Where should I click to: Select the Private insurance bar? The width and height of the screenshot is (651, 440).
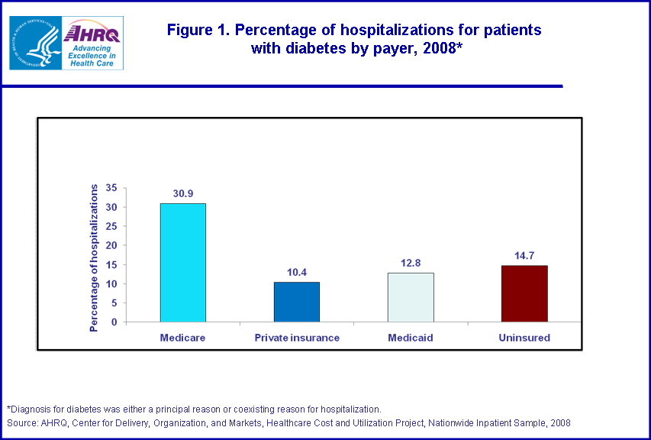(x=296, y=302)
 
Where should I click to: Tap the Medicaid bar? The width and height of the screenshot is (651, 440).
(x=411, y=297)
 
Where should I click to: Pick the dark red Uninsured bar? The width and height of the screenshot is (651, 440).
(x=524, y=293)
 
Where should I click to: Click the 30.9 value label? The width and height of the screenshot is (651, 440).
(x=182, y=194)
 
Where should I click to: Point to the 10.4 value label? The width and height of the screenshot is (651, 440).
(x=296, y=273)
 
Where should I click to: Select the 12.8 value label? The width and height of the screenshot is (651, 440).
(x=411, y=264)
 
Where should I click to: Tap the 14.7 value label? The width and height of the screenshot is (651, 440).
(x=524, y=256)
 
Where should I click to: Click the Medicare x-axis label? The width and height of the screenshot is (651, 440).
(x=182, y=337)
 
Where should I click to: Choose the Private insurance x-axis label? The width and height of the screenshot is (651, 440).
(x=296, y=337)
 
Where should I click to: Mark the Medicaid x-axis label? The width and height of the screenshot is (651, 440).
(x=411, y=337)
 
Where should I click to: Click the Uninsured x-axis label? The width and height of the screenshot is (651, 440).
(x=524, y=337)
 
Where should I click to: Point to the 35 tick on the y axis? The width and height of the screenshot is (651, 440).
(x=111, y=188)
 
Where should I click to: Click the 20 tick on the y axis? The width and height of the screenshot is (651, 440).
(x=111, y=245)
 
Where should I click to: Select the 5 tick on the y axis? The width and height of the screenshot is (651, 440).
(x=114, y=302)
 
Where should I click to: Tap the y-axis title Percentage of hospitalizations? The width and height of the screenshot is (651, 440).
(x=95, y=257)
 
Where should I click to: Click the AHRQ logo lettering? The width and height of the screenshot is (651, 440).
(x=93, y=33)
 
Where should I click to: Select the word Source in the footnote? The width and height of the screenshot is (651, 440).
(x=21, y=422)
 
